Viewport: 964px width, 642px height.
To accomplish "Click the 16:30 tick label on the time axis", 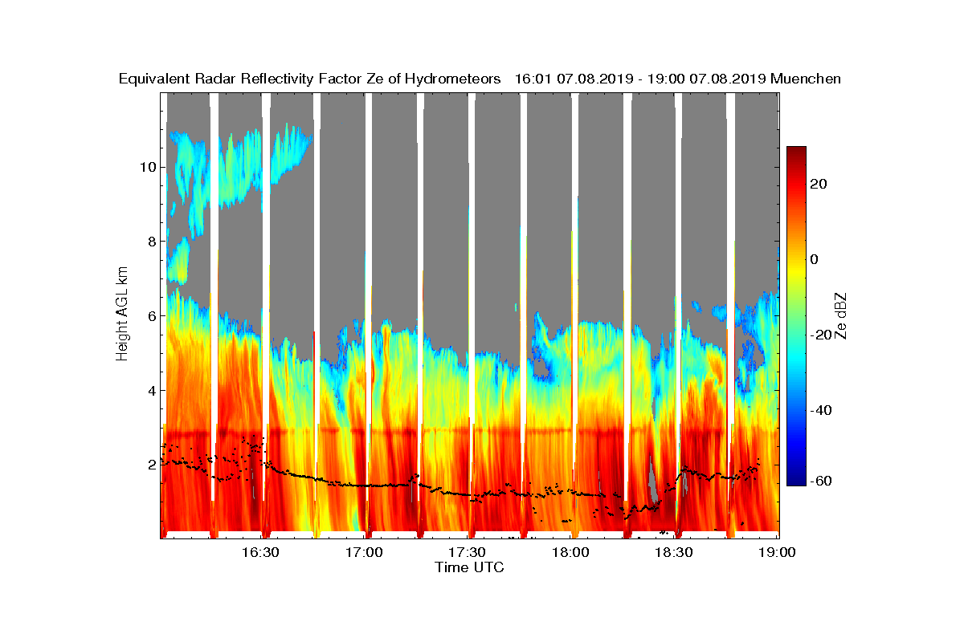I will [260, 553].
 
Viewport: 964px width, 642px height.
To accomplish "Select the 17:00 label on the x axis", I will [364, 553].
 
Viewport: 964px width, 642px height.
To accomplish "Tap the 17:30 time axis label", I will [467, 553].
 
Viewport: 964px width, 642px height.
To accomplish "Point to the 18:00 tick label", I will [570, 553].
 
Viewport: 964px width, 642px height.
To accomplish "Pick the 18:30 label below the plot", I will [674, 553].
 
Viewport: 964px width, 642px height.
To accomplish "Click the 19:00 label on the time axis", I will [778, 553].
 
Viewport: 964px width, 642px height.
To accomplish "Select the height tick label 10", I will [146, 167].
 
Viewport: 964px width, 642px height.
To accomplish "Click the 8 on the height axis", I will [149, 242].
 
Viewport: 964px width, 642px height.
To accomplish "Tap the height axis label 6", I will [149, 315].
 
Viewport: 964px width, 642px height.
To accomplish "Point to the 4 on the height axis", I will [149, 390].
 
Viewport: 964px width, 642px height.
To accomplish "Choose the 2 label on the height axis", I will [149, 465].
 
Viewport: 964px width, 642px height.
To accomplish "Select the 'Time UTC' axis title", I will [469, 567].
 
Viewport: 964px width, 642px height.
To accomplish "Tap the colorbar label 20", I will [819, 184].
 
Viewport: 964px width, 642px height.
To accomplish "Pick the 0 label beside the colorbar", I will [815, 259].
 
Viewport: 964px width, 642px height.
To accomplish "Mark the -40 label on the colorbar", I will [822, 411].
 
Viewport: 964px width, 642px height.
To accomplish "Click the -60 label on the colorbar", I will [822, 481].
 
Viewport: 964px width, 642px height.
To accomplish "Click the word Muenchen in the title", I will [806, 79].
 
